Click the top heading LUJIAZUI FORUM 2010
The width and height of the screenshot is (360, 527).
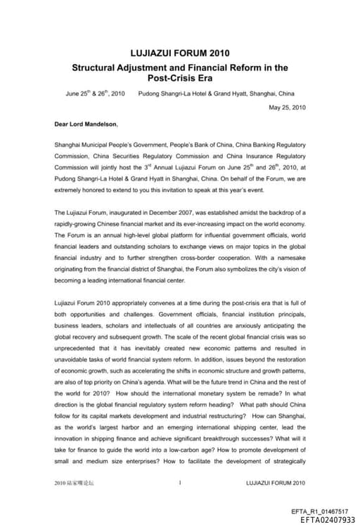[x=180, y=53]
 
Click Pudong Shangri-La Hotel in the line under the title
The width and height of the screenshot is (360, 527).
[x=171, y=93]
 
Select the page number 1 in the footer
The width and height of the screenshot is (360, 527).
[x=180, y=483]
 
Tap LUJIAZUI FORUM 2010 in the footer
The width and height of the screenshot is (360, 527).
[x=276, y=483]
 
